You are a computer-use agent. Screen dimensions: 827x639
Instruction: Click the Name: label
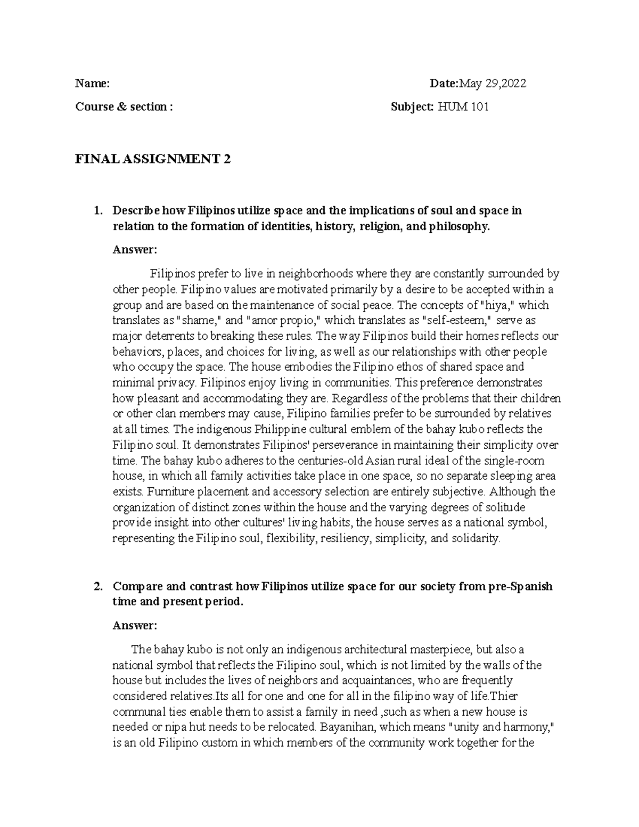[x=92, y=84]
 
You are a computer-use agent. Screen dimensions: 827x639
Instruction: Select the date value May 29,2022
[x=493, y=84]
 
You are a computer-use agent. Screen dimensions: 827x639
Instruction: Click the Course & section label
[x=124, y=107]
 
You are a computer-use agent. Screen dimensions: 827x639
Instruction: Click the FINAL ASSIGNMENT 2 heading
[x=153, y=159]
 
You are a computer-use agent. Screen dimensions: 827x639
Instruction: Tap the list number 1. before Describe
[x=97, y=211]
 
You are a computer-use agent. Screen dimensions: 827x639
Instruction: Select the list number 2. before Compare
[x=97, y=587]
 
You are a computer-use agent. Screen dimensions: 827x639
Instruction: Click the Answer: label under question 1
[x=135, y=250]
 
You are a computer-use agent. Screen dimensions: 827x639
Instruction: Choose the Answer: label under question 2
[x=135, y=626]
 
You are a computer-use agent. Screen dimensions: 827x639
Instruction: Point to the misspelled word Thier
[x=510, y=697]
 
